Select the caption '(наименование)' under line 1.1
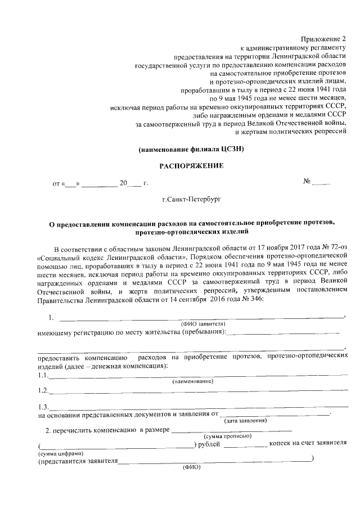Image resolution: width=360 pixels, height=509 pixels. pyautogui.click(x=193, y=381)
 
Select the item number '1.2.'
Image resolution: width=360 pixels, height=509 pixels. pyautogui.click(x=43, y=390)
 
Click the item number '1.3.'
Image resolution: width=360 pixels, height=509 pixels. pyautogui.click(x=43, y=407)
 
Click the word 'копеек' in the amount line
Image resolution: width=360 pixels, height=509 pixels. pyautogui.click(x=281, y=444)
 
